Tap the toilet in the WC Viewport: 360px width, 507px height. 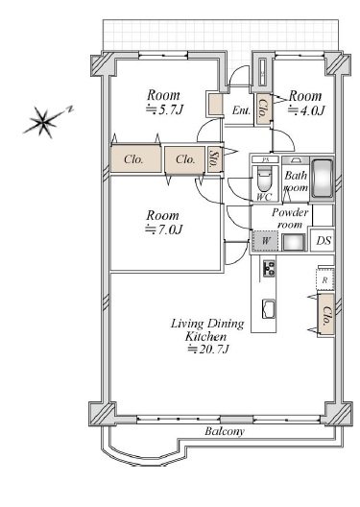point(264,181)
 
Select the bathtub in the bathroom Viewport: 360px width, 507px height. point(322,178)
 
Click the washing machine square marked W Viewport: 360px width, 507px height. point(265,241)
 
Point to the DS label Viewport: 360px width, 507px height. point(324,241)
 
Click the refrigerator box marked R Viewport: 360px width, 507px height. point(324,280)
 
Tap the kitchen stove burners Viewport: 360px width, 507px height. point(269,268)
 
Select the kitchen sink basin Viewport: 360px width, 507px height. point(268,309)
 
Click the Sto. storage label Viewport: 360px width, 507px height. point(214,159)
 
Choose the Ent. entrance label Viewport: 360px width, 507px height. point(241,110)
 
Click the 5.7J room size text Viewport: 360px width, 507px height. point(164,109)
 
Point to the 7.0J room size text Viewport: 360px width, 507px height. point(164,229)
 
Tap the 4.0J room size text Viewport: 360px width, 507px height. point(305,110)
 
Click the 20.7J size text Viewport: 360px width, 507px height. point(208,350)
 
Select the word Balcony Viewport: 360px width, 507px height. point(225,431)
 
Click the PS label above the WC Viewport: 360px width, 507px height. point(265,159)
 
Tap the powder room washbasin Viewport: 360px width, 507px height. point(294,242)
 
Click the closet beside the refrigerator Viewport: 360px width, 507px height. point(325,315)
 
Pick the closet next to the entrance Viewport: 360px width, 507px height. point(263,109)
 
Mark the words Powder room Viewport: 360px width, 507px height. point(290,218)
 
